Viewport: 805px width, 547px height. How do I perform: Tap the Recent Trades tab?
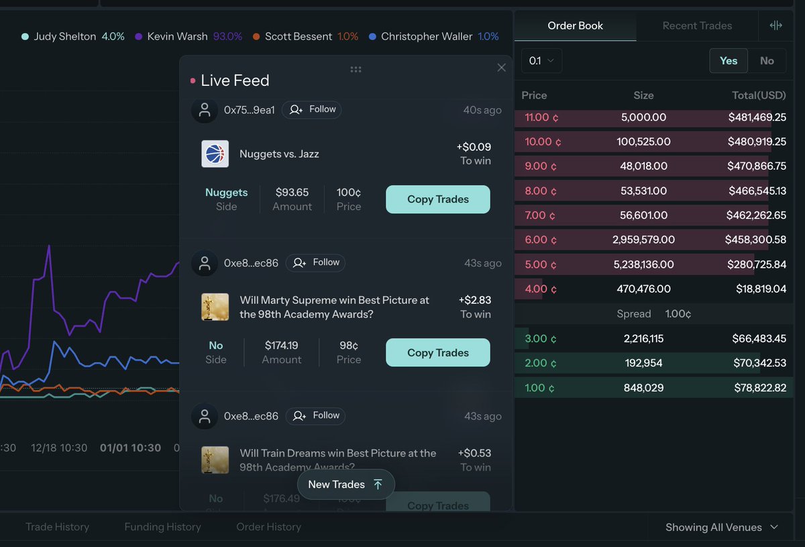pyautogui.click(x=697, y=26)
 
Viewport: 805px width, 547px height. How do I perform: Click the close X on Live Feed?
pyautogui.click(x=501, y=68)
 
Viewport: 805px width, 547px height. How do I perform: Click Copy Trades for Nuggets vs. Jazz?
pyautogui.click(x=437, y=199)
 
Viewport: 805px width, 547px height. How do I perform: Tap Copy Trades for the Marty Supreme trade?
pyautogui.click(x=437, y=352)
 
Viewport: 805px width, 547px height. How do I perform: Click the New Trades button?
pyautogui.click(x=345, y=485)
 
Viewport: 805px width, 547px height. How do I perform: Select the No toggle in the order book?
pyautogui.click(x=767, y=60)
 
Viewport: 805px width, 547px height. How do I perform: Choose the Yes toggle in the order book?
pyautogui.click(x=729, y=60)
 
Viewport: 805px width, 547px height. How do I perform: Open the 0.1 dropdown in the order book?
pyautogui.click(x=541, y=60)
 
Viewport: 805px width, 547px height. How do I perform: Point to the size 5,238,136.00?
pyautogui.click(x=643, y=264)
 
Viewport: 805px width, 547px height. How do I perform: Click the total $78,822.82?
pyautogui.click(x=757, y=388)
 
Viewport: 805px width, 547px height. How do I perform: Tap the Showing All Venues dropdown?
pyautogui.click(x=721, y=528)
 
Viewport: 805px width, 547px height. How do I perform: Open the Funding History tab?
pyautogui.click(x=162, y=527)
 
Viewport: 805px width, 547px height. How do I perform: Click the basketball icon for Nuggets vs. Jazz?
pyautogui.click(x=215, y=154)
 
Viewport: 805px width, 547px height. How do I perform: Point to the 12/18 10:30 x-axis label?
pyautogui.click(x=59, y=448)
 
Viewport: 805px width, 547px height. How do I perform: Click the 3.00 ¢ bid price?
pyautogui.click(x=539, y=339)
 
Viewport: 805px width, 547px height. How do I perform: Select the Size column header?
pyautogui.click(x=643, y=95)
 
